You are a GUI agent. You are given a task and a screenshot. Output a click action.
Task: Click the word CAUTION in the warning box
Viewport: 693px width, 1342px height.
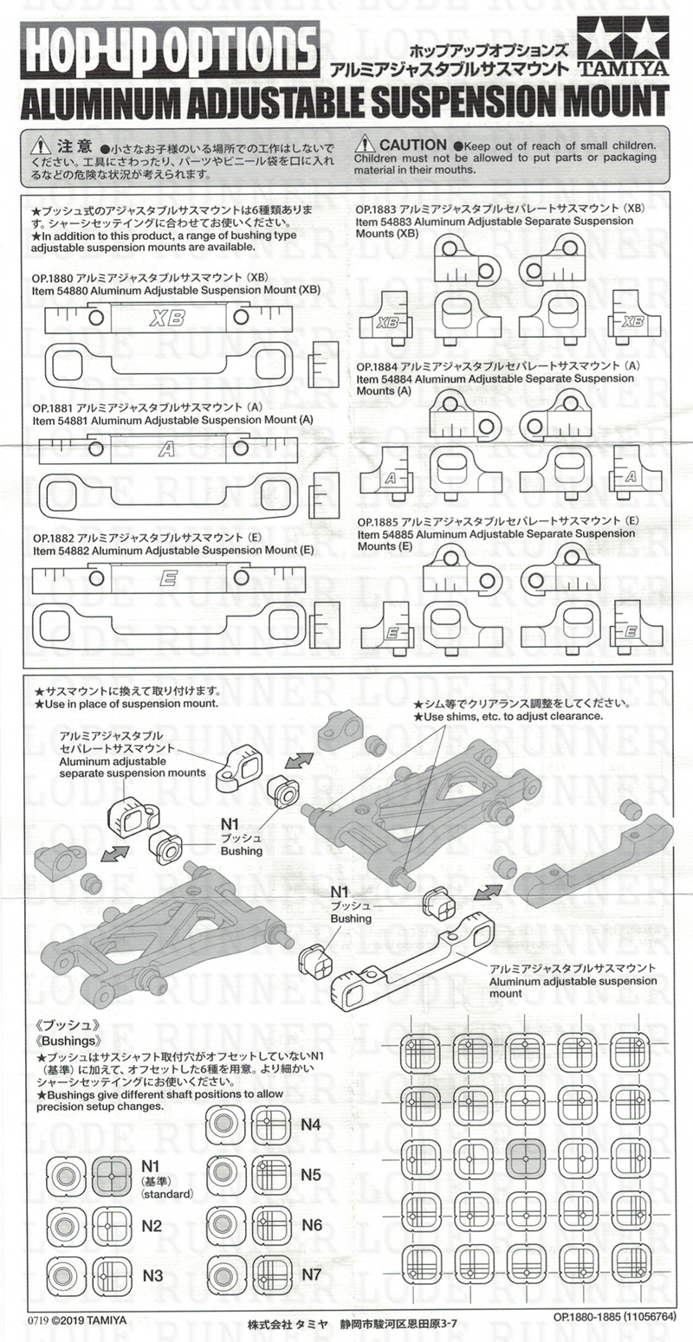(x=412, y=145)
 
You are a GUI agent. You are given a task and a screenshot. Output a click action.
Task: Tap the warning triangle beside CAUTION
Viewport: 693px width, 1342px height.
(x=365, y=145)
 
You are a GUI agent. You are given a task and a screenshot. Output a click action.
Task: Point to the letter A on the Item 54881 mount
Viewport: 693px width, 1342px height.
(x=167, y=448)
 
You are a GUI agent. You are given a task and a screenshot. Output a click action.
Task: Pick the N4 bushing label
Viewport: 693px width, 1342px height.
(x=311, y=1124)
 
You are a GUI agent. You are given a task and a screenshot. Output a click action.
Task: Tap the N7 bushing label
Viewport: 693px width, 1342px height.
(x=311, y=1274)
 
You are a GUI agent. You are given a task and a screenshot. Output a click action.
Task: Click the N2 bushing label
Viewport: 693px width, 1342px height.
(x=152, y=1225)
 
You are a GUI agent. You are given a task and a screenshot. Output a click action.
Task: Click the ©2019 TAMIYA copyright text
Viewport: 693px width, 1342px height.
(x=87, y=1320)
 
